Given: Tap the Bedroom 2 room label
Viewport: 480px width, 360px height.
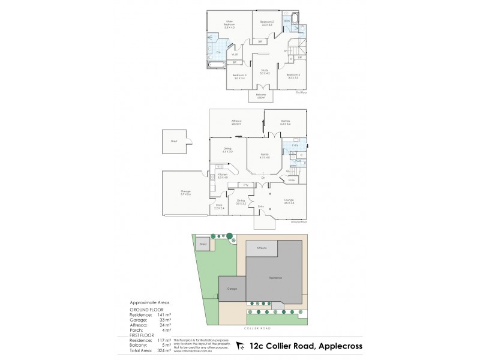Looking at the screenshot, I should coord(266,23).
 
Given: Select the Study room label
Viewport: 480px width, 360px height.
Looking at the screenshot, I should coord(265,71).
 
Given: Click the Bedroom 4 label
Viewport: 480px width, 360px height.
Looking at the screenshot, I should coord(293,75).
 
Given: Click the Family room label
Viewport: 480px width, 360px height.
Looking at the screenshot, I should coord(265,155).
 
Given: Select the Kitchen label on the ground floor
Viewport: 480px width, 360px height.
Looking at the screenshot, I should coord(222,175).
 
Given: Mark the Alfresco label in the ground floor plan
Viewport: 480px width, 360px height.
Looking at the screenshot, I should coord(236,122).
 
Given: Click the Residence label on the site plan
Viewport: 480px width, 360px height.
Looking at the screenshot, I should coord(275,278).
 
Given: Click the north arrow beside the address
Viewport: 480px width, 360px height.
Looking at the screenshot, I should coord(241,346).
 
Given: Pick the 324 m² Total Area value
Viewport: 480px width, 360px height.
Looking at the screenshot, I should coord(163,349).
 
